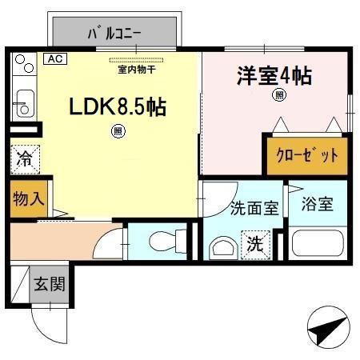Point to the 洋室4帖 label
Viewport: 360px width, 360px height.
[x=273, y=78]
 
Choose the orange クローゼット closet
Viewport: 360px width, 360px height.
[x=307, y=155]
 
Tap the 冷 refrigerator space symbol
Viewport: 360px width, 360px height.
[x=26, y=158]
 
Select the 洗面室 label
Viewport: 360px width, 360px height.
[x=254, y=209]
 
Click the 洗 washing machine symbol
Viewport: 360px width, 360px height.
[x=254, y=242]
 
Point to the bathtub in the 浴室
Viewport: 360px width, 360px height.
[x=318, y=244]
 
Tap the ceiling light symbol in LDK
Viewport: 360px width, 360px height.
[x=118, y=130]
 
